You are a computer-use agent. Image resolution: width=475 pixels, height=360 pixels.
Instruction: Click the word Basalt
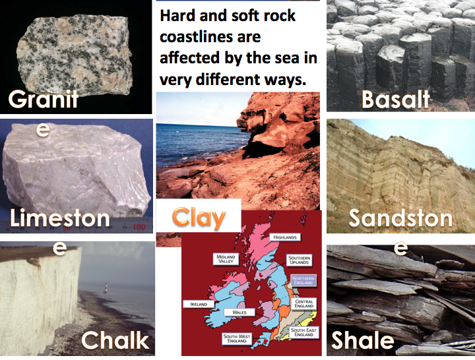click(x=396, y=100)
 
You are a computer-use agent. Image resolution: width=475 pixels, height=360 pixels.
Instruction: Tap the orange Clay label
click(x=199, y=218)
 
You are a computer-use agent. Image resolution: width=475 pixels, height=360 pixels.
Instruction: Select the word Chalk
click(x=115, y=340)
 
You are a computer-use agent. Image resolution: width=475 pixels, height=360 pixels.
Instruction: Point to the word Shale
click(x=363, y=340)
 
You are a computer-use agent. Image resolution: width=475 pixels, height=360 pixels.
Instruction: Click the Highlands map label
click(x=285, y=237)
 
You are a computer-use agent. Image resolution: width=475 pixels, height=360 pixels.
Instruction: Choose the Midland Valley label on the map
click(x=226, y=258)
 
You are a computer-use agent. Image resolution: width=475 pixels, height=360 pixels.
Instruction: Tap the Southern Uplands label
click(x=299, y=260)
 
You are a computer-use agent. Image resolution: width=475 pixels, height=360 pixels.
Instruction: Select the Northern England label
click(x=303, y=280)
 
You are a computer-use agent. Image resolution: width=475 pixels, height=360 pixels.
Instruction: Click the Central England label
click(x=304, y=304)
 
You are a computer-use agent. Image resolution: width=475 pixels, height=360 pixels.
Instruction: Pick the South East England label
click(x=303, y=332)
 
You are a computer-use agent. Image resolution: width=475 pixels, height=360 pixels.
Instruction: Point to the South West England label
click(x=237, y=338)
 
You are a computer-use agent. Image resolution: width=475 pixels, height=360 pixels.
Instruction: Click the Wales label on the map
click(x=239, y=312)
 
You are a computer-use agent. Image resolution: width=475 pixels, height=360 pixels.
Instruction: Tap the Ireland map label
click(x=199, y=304)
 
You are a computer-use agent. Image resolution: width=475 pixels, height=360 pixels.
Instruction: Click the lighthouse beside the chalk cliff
click(x=106, y=287)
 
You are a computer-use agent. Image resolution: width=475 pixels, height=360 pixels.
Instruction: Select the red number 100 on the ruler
click(x=139, y=227)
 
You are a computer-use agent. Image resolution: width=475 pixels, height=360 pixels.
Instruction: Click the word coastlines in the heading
click(x=210, y=37)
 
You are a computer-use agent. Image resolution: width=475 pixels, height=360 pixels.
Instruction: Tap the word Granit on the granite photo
click(x=44, y=99)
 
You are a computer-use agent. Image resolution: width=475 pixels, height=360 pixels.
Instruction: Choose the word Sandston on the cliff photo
click(x=400, y=218)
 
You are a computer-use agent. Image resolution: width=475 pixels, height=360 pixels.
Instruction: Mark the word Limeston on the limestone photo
click(x=59, y=218)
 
